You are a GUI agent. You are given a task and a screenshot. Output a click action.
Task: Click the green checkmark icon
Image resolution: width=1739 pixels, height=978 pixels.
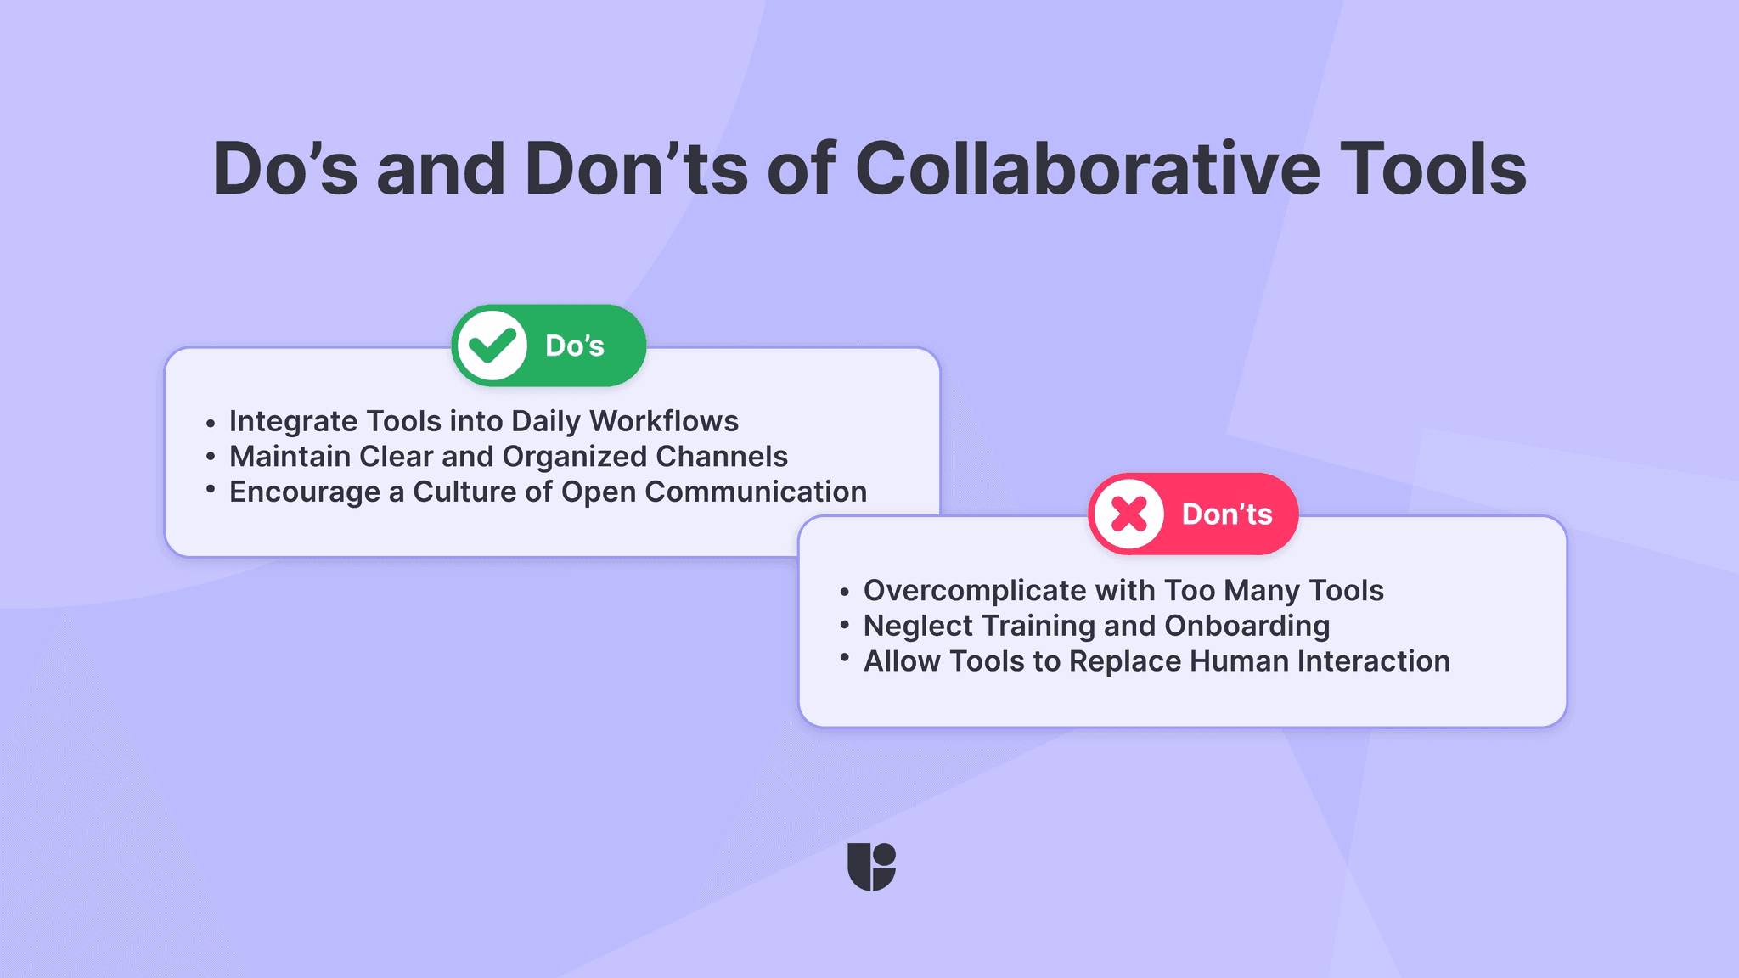click(x=492, y=346)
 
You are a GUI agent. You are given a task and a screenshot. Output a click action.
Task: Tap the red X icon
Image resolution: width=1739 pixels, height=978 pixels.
click(x=1129, y=514)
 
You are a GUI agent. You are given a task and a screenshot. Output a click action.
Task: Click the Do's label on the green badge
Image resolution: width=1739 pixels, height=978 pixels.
click(x=575, y=346)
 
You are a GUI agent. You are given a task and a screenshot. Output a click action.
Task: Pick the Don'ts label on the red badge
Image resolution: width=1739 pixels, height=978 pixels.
click(x=1227, y=514)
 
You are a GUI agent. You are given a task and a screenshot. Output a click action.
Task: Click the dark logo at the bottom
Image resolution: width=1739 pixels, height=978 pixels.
click(x=871, y=867)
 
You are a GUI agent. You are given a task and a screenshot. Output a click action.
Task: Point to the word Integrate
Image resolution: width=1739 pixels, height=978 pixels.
click(x=293, y=421)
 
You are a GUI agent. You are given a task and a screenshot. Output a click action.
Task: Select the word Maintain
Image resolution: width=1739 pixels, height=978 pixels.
click(x=290, y=457)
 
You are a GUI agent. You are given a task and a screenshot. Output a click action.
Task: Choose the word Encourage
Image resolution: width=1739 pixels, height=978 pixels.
click(x=305, y=492)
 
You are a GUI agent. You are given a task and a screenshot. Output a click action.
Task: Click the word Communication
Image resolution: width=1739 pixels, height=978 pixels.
click(x=756, y=492)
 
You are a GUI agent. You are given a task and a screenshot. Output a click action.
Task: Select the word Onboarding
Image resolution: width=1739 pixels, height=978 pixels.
click(x=1247, y=627)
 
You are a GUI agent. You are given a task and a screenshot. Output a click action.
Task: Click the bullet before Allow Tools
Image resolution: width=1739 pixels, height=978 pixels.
click(x=845, y=657)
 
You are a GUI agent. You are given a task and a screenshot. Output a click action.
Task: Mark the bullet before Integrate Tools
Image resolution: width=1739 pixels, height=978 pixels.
click(x=211, y=422)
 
